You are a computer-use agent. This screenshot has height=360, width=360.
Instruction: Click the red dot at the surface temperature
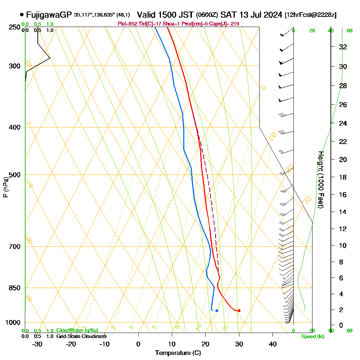pyautogui.click(x=239, y=311)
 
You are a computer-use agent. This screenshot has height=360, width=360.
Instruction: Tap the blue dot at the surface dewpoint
pyautogui.click(x=216, y=310)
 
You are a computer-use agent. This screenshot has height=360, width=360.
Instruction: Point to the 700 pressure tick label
pyautogui.click(x=15, y=247)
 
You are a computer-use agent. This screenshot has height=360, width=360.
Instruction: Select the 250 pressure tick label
pyautogui.click(x=15, y=27)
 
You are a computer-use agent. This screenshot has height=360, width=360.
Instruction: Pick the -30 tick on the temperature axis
pyautogui.click(x=37, y=344)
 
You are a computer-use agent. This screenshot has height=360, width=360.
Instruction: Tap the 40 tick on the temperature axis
pyautogui.click(x=273, y=344)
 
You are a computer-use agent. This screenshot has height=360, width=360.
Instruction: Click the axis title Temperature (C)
pyautogui.click(x=178, y=353)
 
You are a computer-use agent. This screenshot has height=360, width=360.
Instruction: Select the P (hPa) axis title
pyautogui.click(x=5, y=187)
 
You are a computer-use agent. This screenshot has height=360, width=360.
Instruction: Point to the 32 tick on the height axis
pyautogui.click(x=343, y=47)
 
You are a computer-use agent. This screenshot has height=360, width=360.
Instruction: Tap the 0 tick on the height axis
pyautogui.click(x=341, y=325)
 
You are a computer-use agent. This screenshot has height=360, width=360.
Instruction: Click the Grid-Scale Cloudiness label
pyautogui.click(x=81, y=336)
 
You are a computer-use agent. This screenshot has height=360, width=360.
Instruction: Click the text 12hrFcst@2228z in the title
pyautogui.click(x=310, y=15)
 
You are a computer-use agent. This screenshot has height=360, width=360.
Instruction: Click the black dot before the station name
pyautogui.click(x=22, y=15)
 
